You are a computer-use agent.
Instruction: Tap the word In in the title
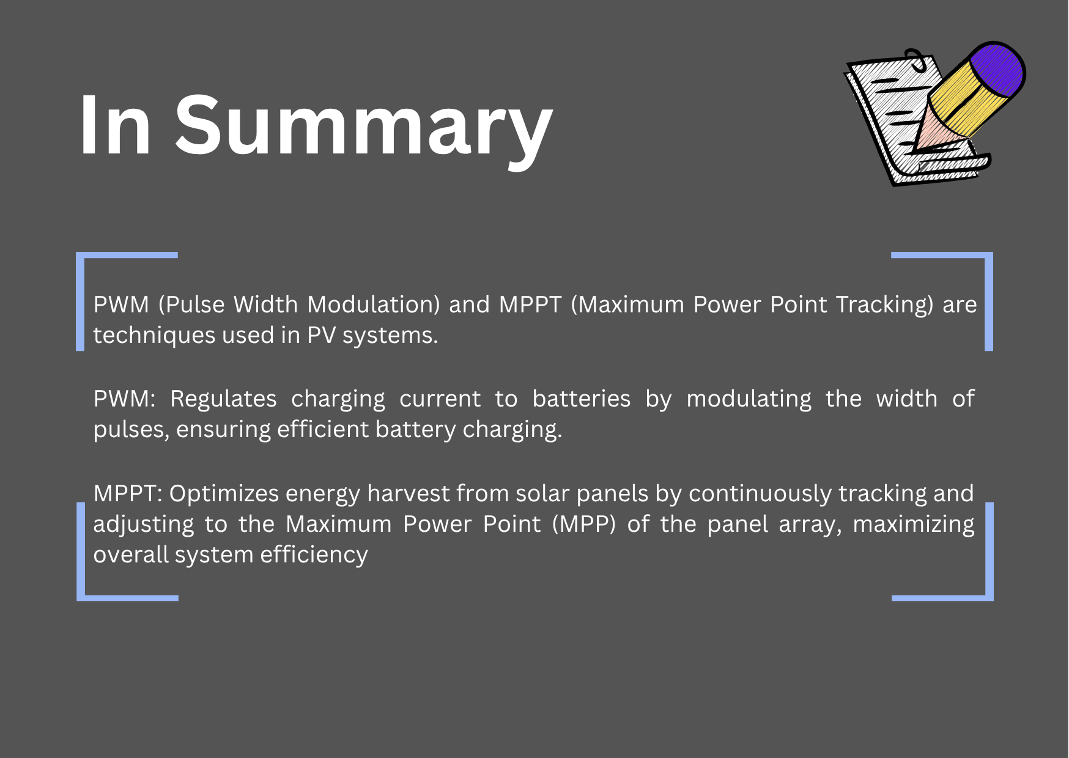116,125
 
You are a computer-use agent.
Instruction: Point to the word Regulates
223,399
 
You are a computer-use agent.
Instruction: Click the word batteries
581,399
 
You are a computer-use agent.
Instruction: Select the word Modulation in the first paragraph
374,304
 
